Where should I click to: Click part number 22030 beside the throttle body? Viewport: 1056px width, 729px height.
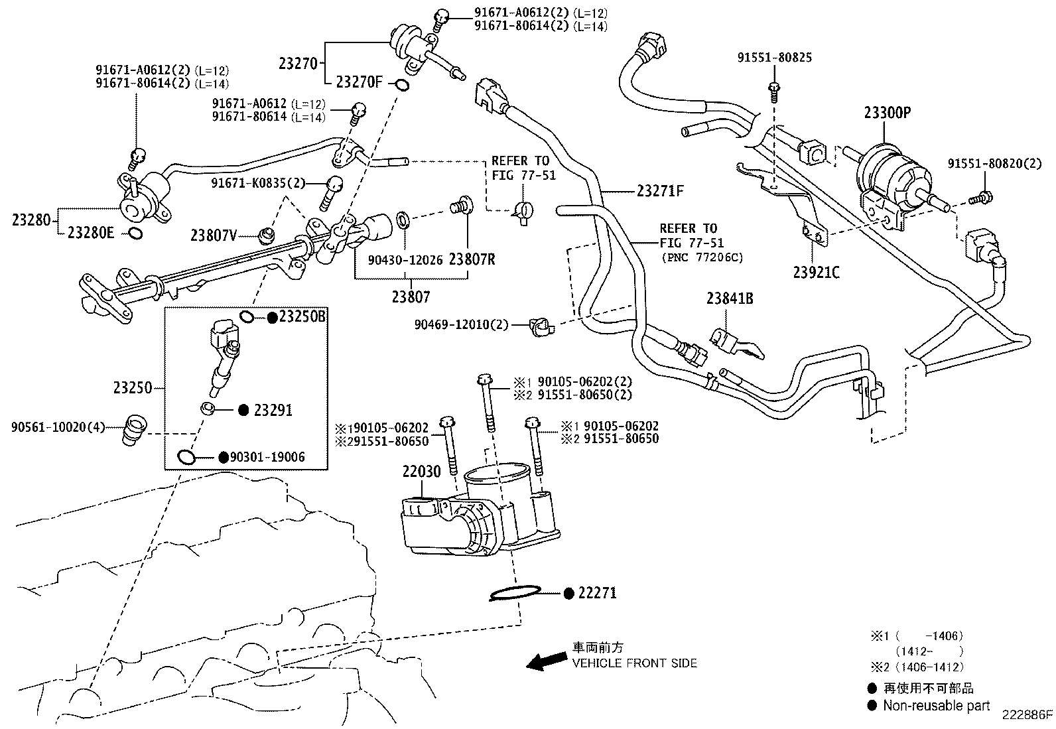click(x=421, y=472)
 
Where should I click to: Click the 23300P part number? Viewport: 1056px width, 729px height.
click(x=887, y=112)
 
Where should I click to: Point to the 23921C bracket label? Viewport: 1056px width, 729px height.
click(x=816, y=272)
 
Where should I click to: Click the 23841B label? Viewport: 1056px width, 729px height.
click(x=729, y=298)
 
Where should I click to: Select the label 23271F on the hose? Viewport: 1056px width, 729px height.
click(x=659, y=191)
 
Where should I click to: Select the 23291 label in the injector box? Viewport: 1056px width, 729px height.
click(x=273, y=410)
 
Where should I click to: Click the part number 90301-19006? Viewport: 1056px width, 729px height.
click(x=267, y=457)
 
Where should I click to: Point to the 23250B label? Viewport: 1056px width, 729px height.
click(x=302, y=317)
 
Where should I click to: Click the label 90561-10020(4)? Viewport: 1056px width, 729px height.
click(x=58, y=427)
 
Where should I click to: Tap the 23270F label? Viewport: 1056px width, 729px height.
click(x=360, y=82)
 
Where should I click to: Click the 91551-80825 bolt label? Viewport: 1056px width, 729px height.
click(x=774, y=58)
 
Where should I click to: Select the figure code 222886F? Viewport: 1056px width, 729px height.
click(x=1027, y=714)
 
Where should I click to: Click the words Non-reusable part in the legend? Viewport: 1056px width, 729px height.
click(x=936, y=706)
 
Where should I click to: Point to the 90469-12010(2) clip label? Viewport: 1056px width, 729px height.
click(x=461, y=324)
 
